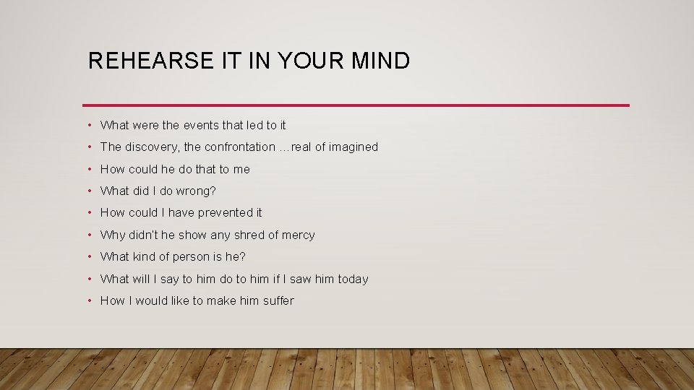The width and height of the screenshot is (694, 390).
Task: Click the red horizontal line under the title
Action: [x=356, y=105]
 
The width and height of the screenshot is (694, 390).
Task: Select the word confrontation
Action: [x=239, y=147]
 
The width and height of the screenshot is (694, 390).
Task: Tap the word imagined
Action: [x=354, y=147]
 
